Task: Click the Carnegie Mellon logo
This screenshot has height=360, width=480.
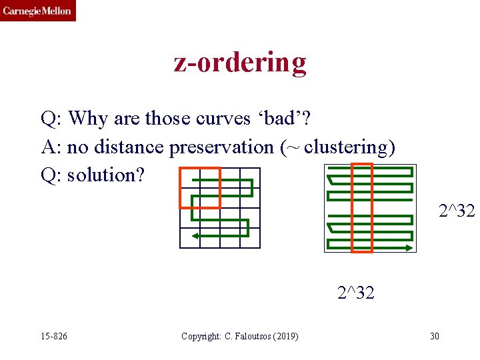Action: pos(37,11)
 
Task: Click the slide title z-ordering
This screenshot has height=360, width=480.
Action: pos(240,62)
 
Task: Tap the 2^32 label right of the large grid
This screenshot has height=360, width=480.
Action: pos(457,211)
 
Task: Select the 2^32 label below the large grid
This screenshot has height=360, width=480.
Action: pos(355,292)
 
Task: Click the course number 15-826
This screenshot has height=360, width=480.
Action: pos(53,336)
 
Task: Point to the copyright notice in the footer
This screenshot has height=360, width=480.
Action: pos(239,336)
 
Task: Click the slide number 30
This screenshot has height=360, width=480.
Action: pos(434,336)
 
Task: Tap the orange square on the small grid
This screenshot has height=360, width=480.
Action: pos(199,187)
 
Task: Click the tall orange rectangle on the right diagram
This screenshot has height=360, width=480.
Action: pos(362,208)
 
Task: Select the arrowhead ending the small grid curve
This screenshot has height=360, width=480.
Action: pos(195,236)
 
